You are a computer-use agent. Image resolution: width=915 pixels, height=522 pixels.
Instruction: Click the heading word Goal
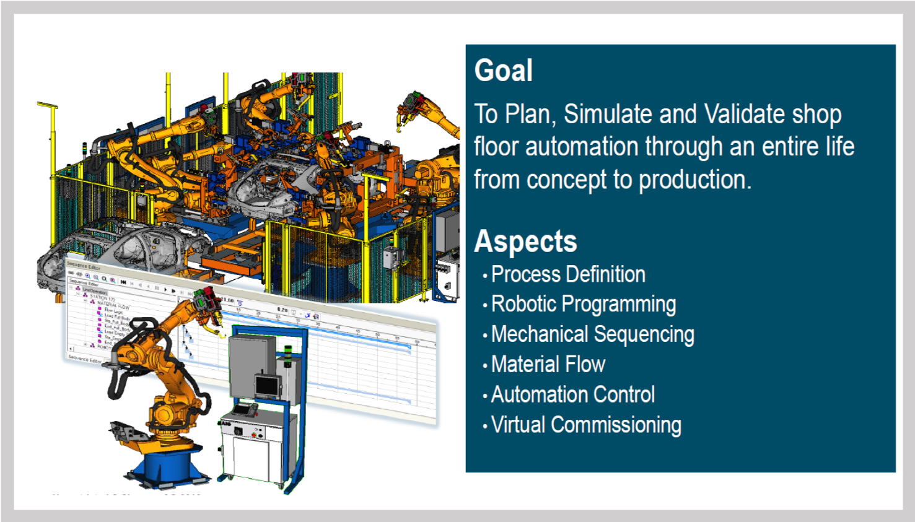tap(503, 71)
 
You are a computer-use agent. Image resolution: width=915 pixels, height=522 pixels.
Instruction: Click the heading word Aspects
tap(525, 242)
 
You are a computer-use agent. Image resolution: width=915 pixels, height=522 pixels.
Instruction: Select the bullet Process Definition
tap(567, 275)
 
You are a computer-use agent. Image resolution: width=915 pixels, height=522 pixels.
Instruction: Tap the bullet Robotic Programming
tap(583, 305)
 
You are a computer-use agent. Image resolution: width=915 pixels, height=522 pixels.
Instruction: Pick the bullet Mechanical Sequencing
tap(592, 335)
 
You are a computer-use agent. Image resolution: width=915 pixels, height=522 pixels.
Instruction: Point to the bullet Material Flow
tap(548, 365)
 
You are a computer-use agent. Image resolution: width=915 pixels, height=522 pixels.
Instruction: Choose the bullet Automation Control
tap(572, 395)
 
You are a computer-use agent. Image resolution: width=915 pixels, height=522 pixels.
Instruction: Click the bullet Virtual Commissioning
tap(585, 425)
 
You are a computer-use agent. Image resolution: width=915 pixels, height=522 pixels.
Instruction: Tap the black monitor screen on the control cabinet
tap(268, 386)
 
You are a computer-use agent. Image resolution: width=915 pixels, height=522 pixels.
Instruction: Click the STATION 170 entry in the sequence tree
tap(102, 298)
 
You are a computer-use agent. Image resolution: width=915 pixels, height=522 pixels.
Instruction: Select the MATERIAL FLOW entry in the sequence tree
tap(113, 305)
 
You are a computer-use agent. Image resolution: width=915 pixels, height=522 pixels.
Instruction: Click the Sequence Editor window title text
tap(83, 266)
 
